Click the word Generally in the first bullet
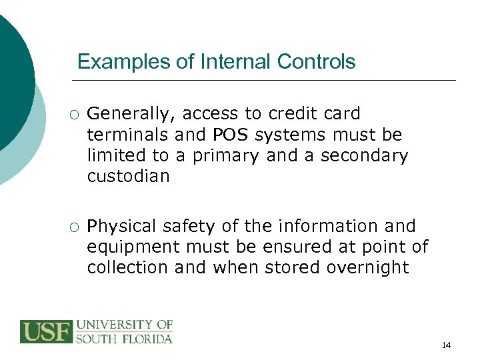pyautogui.click(x=126, y=114)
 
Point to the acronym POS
pyautogui.click(x=232, y=135)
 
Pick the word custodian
pyautogui.click(x=128, y=176)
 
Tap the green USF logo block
pyautogui.click(x=46, y=331)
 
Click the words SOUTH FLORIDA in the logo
pyautogui.click(x=124, y=338)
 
